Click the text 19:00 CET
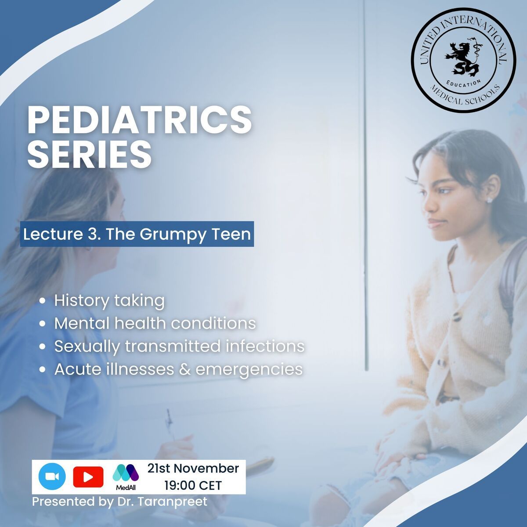pyautogui.click(x=193, y=485)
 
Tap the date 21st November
pyautogui.click(x=193, y=468)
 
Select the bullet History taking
pyautogui.click(x=109, y=301)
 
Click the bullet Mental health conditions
pyautogui.click(x=155, y=323)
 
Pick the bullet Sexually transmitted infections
pyautogui.click(x=180, y=346)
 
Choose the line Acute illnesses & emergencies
pyautogui.click(x=179, y=369)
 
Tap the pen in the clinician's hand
pyautogui.click(x=170, y=426)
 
